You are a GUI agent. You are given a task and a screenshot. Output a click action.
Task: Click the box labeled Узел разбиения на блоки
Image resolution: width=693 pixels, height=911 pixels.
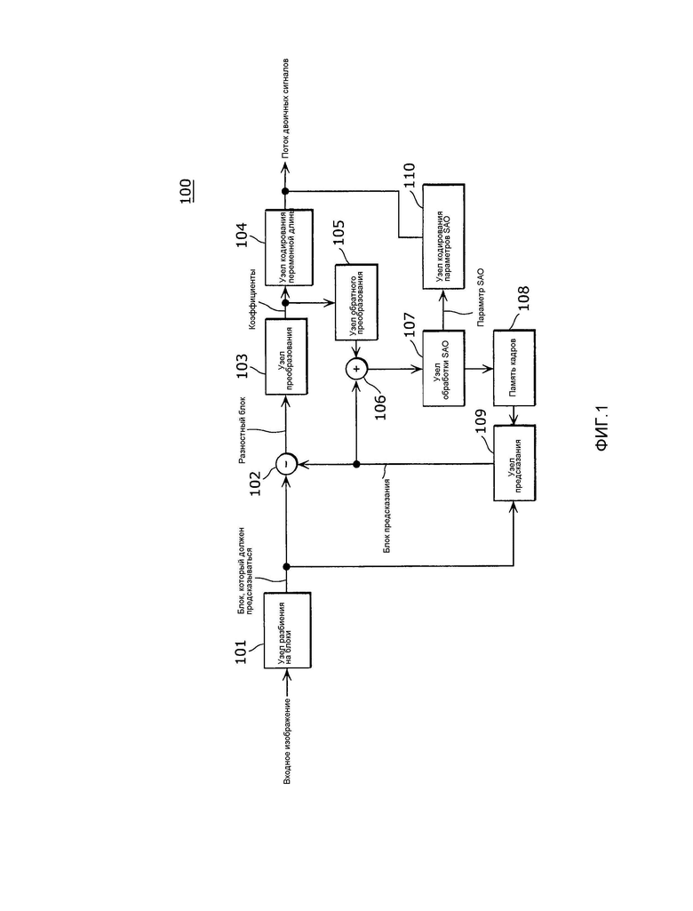[287, 630]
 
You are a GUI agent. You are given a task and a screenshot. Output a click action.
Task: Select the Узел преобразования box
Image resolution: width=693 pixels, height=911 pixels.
[286, 356]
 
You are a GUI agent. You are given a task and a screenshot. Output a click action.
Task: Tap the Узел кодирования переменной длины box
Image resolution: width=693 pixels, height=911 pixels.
[290, 247]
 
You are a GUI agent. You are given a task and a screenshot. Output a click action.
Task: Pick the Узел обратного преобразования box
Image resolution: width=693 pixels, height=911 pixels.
[356, 302]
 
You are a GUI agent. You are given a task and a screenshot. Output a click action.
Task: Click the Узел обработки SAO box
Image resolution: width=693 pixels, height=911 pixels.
[443, 368]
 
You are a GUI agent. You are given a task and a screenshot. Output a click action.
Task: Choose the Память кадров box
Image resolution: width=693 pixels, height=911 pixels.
[514, 368]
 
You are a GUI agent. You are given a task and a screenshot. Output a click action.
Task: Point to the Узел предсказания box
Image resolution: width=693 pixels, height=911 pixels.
[514, 462]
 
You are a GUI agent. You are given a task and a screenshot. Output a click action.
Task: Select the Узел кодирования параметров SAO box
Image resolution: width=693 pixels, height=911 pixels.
[443, 236]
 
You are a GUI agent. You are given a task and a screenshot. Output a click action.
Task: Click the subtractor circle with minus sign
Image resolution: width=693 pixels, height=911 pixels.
[286, 464]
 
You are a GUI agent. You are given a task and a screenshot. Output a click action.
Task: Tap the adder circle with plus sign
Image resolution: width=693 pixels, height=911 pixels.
[356, 368]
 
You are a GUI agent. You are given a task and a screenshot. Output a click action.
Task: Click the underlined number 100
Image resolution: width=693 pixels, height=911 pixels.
[186, 191]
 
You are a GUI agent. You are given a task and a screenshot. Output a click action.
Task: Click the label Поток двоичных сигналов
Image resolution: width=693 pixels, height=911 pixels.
[285, 108]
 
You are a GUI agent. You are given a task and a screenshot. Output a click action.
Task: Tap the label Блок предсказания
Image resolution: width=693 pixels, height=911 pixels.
[386, 515]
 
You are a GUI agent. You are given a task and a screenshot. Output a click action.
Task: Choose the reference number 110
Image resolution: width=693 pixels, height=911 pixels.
[410, 176]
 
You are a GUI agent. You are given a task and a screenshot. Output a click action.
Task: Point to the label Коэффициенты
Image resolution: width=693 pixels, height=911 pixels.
[253, 300]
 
